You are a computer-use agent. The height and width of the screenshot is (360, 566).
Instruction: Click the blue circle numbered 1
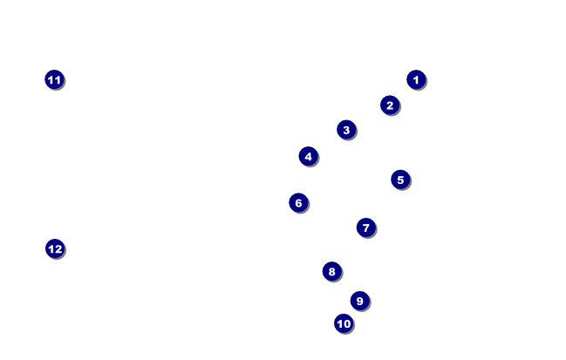pos(416,79)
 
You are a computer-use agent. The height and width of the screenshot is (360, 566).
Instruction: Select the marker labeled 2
pos(390,105)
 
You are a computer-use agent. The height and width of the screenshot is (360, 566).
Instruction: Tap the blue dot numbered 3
pos(346,130)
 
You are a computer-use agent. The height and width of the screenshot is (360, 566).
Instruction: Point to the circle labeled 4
pos(308,156)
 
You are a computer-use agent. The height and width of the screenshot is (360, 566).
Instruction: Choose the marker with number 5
pos(400,180)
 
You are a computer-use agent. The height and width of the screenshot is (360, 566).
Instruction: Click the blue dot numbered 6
pos(298,203)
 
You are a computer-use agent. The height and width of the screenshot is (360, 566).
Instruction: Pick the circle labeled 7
pos(365,228)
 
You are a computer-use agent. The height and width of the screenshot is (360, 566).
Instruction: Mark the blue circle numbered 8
pos(331,271)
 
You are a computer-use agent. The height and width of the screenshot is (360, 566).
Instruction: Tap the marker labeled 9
pos(359,301)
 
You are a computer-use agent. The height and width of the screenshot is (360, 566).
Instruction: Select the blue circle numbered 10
pos(344,323)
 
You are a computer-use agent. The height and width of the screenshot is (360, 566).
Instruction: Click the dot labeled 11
pos(54,79)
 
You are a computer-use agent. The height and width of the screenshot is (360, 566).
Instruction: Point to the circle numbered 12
pos(55,248)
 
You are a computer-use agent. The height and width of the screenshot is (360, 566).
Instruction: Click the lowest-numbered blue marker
pos(416,79)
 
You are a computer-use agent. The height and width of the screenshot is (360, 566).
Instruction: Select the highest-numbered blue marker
pos(55,248)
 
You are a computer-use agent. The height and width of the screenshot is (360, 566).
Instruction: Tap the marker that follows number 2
pos(346,130)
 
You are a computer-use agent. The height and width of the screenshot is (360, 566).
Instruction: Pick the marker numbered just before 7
pos(298,203)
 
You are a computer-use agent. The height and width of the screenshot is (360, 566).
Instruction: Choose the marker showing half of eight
pos(308,156)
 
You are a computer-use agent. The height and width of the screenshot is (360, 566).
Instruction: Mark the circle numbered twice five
pos(344,323)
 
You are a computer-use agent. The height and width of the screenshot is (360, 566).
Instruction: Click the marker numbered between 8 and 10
pos(359,301)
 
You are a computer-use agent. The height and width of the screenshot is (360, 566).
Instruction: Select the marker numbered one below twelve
pos(54,79)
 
